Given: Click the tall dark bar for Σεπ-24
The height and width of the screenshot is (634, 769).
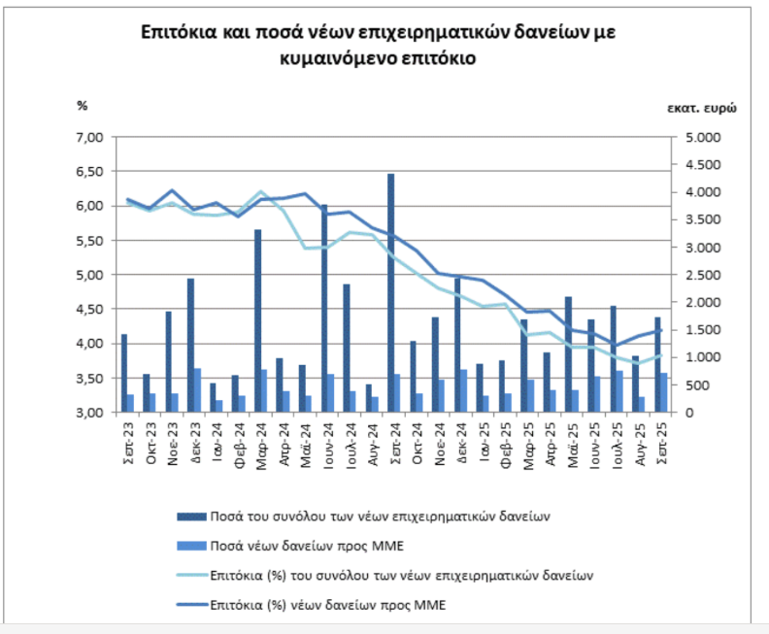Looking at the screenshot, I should pos(391,291).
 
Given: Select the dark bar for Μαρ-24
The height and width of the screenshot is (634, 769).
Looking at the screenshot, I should pos(257,320).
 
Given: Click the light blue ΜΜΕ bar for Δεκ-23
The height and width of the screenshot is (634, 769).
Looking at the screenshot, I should pos(198,390).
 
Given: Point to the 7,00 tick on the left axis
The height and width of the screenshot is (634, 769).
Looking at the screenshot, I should pos(89,137).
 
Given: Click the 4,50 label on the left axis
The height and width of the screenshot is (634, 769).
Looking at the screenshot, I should pos(89,310).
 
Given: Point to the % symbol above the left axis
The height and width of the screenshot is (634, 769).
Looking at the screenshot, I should pos(83,105).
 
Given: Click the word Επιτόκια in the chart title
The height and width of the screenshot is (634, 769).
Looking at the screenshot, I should pos(178,32).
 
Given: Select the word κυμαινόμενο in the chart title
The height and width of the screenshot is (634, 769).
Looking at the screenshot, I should pos(334,57).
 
